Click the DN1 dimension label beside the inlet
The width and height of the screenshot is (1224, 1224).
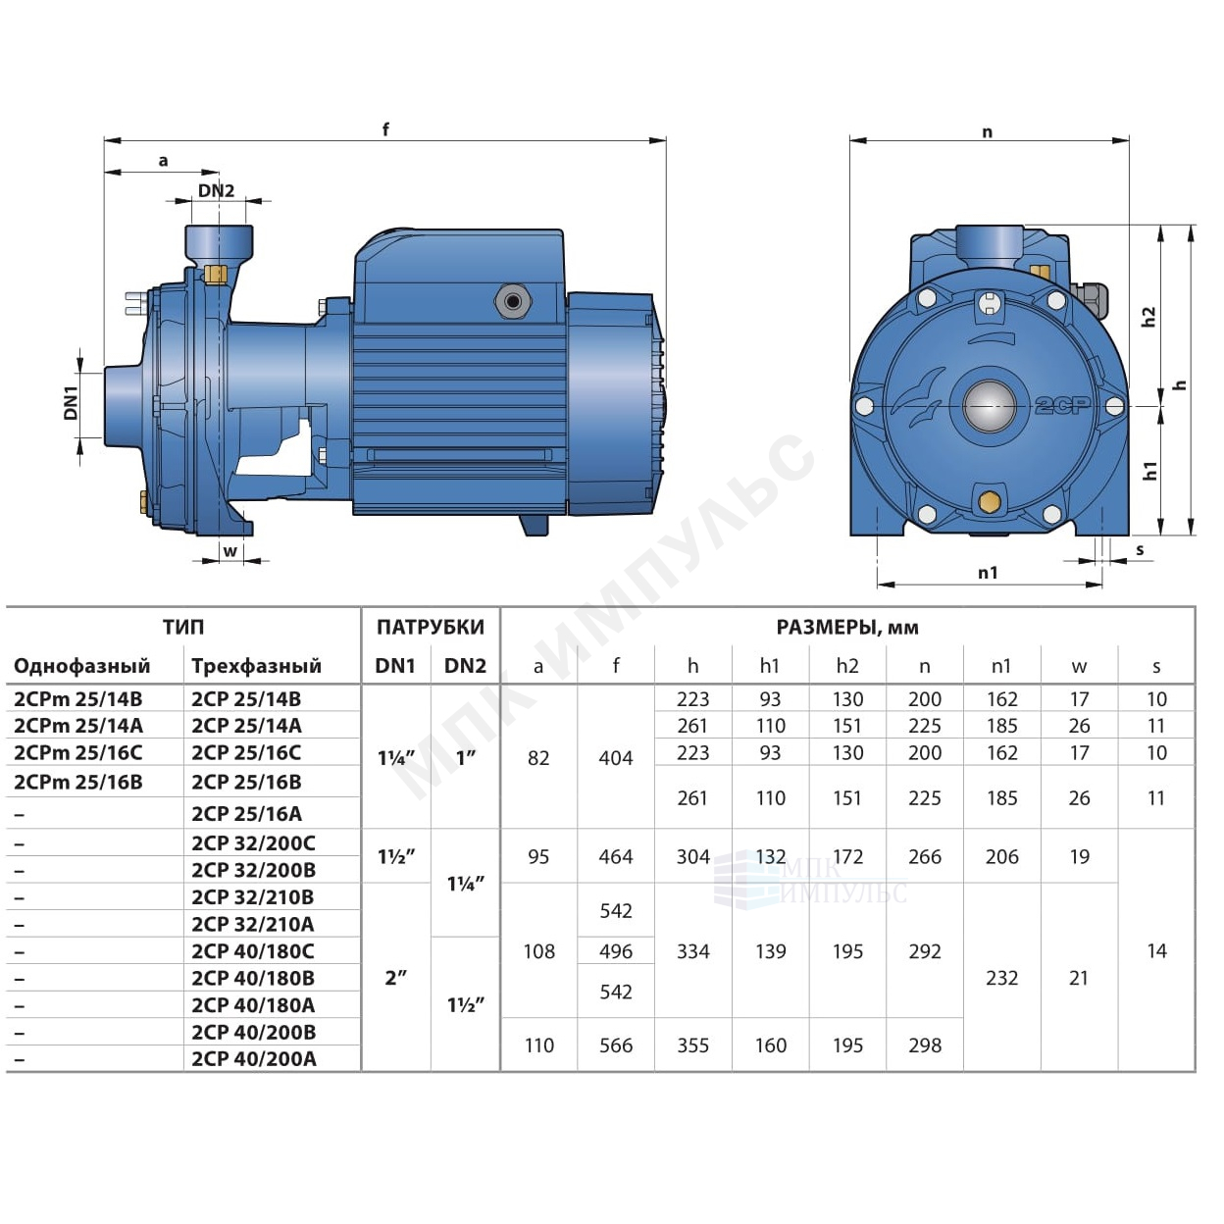(x=71, y=403)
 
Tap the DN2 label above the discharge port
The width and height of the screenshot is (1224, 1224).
(x=216, y=190)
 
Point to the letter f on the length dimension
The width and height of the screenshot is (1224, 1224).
(x=385, y=129)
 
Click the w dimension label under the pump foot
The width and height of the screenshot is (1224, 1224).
(x=229, y=551)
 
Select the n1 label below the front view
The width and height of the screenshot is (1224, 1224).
(x=988, y=573)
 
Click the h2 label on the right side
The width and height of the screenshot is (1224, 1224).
(x=1148, y=317)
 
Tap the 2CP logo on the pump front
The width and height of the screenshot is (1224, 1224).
(x=1062, y=405)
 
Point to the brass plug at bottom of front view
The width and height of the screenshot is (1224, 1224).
(x=988, y=502)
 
